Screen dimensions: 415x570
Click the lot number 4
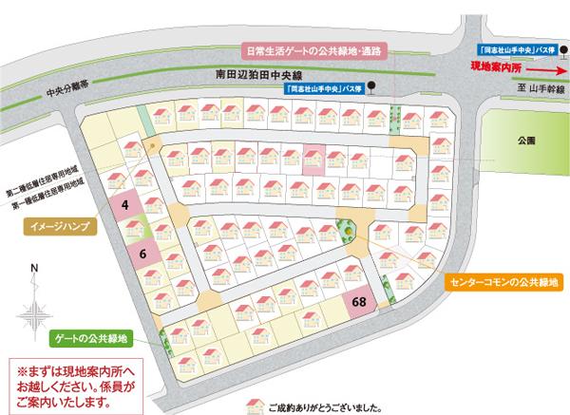pos(125,204)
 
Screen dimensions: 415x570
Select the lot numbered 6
pos(142,254)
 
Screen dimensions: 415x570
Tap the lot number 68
pos(359,302)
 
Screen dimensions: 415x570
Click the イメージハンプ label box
pos(60,228)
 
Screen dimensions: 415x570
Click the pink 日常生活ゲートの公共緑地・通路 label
pos(311,54)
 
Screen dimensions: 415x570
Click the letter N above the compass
pos(34,269)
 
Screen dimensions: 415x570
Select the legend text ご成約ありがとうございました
pos(323,406)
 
